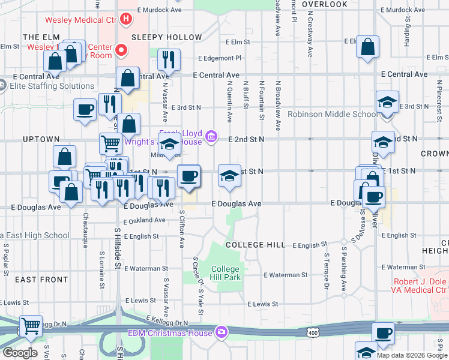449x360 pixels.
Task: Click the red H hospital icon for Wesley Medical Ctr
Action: pos(125,19)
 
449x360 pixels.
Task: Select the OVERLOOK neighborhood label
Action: pos(325,4)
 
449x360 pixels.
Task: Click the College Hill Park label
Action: pos(226,274)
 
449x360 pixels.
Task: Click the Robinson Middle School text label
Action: pos(332,114)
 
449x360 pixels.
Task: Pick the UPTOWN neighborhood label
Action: pos(41,139)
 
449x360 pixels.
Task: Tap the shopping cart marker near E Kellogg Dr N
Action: pos(31,326)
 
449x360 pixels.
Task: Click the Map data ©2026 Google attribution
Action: pos(412,355)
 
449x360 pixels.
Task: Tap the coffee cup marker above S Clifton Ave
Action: pos(189,176)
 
